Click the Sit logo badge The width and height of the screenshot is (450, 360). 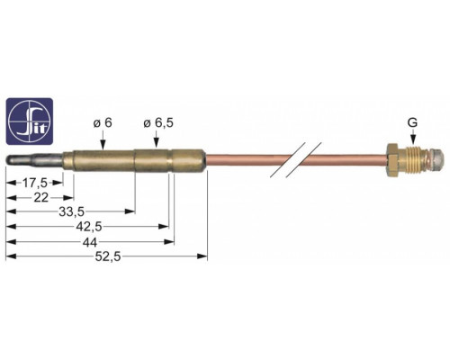30,121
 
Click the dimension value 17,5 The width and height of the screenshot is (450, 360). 35,183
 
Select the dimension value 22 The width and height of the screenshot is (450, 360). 41,198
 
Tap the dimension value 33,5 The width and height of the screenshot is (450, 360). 71,211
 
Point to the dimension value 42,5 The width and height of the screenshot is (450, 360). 89,227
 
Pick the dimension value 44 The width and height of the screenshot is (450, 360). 90,242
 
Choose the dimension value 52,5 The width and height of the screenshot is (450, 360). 108,256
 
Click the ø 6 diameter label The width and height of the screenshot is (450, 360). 103,123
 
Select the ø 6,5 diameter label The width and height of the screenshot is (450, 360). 158,123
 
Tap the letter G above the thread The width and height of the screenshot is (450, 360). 412,122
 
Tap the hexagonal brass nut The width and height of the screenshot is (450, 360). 391,160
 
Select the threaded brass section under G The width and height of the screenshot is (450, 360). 412,160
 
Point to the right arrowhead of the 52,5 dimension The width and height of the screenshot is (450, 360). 202,256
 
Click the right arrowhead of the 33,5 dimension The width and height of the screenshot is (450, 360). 130,211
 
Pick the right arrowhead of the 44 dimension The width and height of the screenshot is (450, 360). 169,241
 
